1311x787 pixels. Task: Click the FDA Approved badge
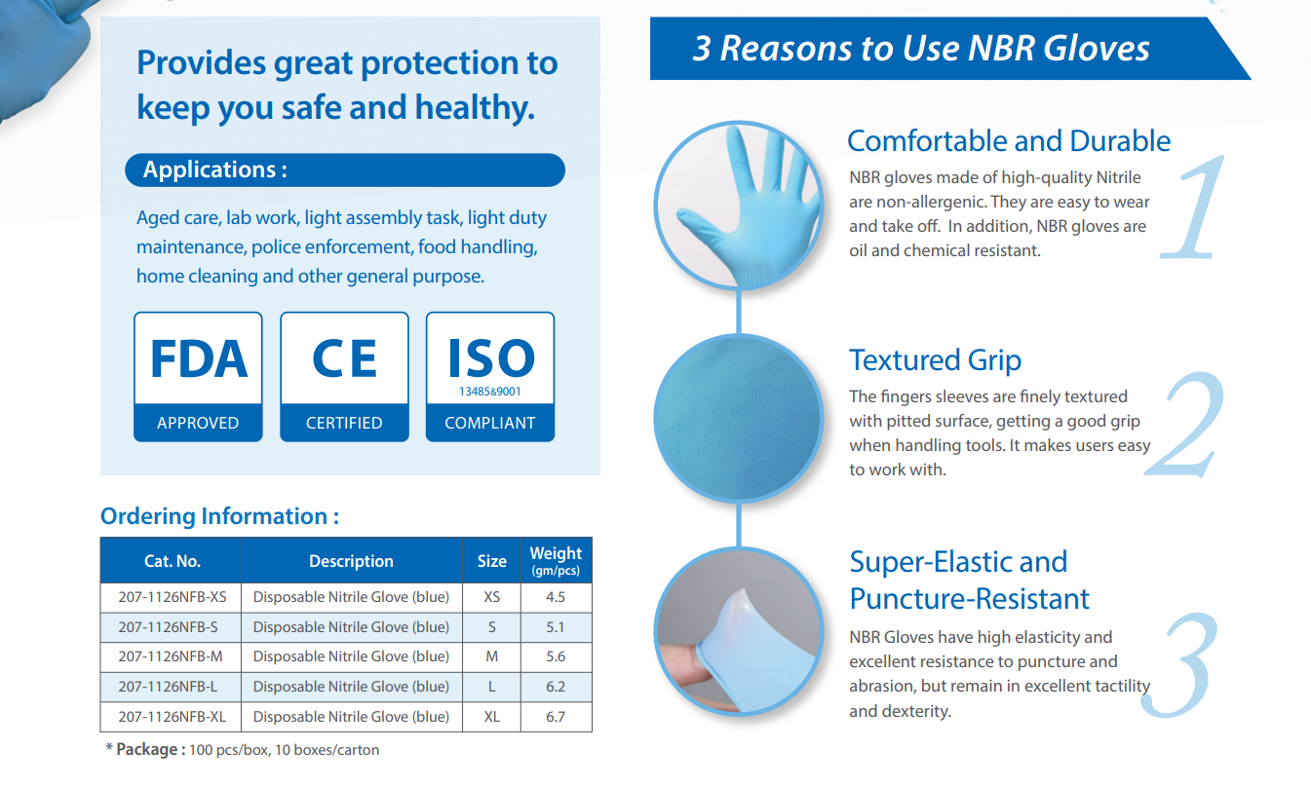click(x=198, y=377)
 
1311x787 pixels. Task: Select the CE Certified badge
click(x=344, y=377)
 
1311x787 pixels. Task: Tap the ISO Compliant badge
click(x=490, y=377)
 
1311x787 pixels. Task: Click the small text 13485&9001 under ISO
click(x=490, y=392)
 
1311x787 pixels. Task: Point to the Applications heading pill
click(x=345, y=170)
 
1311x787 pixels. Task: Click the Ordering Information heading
click(x=219, y=516)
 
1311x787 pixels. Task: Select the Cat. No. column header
click(x=173, y=561)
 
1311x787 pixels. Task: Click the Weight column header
click(x=556, y=561)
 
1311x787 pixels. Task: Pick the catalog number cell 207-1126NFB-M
click(x=171, y=656)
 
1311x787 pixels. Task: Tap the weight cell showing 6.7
click(x=556, y=717)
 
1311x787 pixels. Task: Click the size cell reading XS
click(x=491, y=597)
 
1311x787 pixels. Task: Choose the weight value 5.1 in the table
click(x=556, y=627)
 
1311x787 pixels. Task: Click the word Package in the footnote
click(x=147, y=750)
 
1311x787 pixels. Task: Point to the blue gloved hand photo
click(x=739, y=206)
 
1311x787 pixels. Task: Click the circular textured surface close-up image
click(x=739, y=419)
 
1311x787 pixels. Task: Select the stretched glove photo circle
click(x=739, y=632)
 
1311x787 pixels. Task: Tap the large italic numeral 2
click(x=1185, y=425)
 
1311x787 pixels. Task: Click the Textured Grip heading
click(x=936, y=360)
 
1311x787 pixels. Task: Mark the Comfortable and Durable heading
click(x=1009, y=141)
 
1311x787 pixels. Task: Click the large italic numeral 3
click(x=1179, y=665)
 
